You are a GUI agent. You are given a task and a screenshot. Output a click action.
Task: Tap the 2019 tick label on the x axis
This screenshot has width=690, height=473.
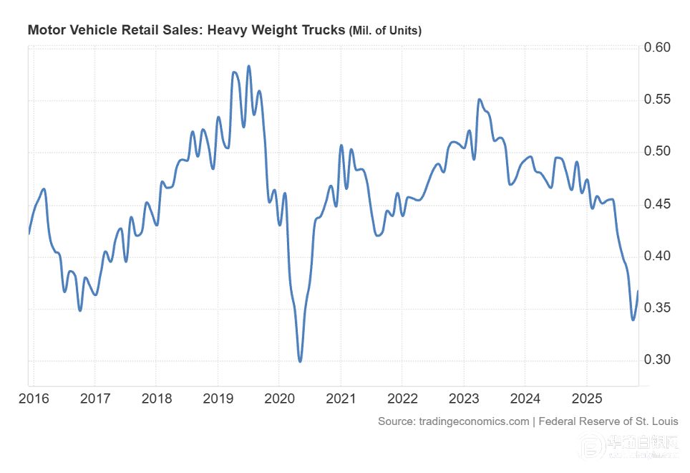coord(218,398)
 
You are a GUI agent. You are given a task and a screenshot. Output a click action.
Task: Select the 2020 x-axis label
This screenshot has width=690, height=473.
coord(279,398)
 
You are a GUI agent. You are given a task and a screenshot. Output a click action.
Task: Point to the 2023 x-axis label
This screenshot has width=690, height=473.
coord(464,398)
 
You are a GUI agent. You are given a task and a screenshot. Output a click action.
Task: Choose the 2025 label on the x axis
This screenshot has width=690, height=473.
coord(586,398)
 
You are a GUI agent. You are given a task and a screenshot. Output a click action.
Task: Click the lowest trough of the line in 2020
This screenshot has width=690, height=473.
coord(300,360)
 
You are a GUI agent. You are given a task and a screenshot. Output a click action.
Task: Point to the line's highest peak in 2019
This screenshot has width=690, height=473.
coord(248,66)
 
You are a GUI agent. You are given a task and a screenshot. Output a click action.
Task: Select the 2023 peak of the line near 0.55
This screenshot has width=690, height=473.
coord(479,100)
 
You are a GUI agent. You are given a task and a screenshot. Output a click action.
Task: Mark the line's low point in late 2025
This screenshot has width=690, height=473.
coord(633,320)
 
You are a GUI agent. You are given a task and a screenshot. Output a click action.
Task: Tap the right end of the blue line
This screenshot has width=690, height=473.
coord(638,291)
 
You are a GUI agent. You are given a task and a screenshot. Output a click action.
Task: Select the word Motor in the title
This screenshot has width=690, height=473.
coord(44,30)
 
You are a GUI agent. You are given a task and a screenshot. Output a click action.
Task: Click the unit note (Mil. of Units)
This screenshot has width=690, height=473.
coord(385,31)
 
